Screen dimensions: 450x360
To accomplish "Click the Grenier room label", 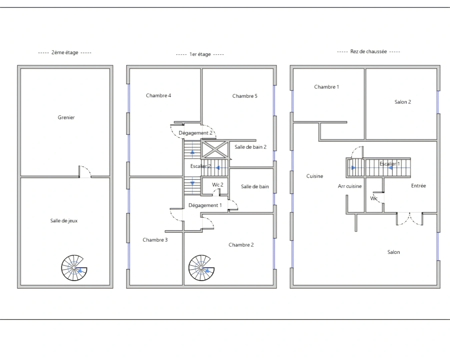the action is point(66,117).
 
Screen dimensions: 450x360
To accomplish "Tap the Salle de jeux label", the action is point(64,221).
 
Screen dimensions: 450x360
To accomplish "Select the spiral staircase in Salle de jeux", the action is point(74,268).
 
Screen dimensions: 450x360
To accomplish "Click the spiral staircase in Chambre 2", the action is point(201,268).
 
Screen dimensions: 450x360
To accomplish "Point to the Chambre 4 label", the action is point(159,95).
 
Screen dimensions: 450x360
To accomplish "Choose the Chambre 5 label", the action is point(245,96).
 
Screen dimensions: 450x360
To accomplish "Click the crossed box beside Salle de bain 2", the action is point(215,149).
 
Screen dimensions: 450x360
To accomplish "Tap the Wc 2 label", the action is point(217,185).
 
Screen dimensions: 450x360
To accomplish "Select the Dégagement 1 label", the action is point(205,205).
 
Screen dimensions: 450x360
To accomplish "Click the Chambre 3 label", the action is point(155,240).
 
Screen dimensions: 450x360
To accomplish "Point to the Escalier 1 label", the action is point(390,164).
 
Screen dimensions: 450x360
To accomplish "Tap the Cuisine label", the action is point(315,176).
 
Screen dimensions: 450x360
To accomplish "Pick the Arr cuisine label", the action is point(350,186).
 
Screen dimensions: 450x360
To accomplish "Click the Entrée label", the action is point(418,186).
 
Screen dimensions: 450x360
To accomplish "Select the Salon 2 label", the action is point(403,102).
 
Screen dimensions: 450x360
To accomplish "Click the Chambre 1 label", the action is point(326,87).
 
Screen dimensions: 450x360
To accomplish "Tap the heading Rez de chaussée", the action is point(368,51).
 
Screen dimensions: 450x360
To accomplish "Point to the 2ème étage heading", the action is point(65,52).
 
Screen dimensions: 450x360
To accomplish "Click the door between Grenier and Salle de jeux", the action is point(85,172).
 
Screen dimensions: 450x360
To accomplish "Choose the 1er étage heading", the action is point(200,54).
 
